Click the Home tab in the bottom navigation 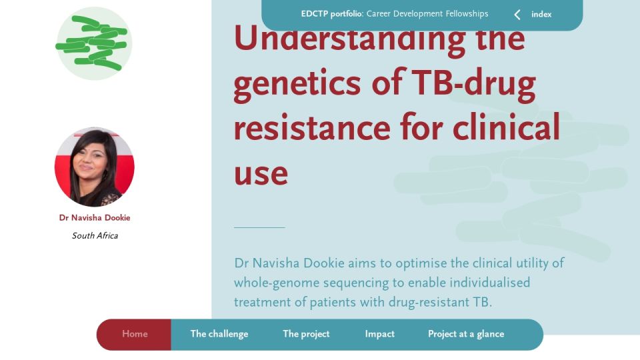point(135,334)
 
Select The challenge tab point(219,334)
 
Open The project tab point(306,334)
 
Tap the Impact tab point(379,334)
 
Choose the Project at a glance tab point(466,334)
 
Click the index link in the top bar point(541,14)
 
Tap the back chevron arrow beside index point(517,15)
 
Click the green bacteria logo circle point(93,43)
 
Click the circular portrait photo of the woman point(94,167)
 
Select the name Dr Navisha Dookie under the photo point(95,217)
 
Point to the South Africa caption point(95,235)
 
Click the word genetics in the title point(297,84)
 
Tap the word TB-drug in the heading point(473,84)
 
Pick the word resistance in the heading point(312,127)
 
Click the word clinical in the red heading point(506,126)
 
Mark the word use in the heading point(261,174)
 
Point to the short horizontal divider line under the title point(259,227)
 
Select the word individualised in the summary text point(489,282)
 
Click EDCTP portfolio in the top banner point(332,14)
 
